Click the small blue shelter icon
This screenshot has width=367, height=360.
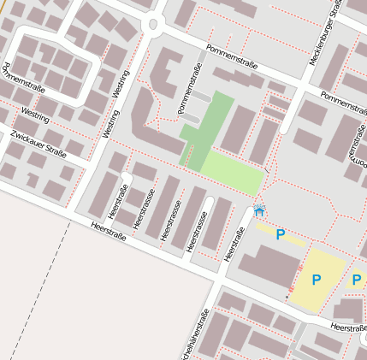coord(259,210)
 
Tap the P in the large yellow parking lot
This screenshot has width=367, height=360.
coord(316,280)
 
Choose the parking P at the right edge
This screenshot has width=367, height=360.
coord(357,280)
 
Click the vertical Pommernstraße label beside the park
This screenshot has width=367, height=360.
coord(188,89)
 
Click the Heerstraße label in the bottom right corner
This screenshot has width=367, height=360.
coord(347,328)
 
